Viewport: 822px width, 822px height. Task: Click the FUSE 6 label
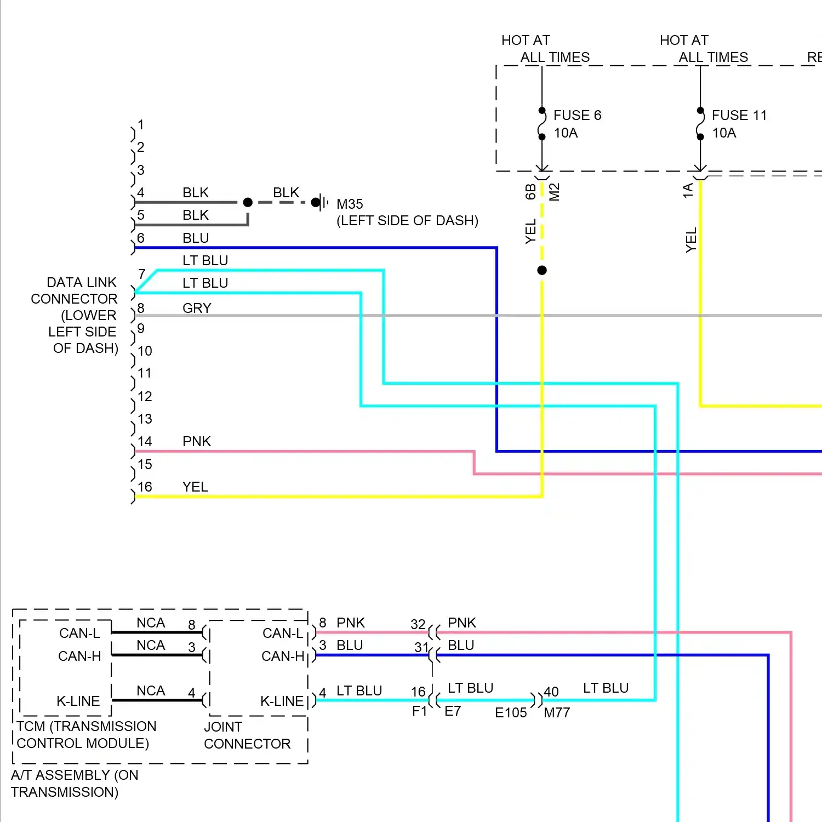(x=577, y=116)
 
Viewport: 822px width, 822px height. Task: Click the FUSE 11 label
(x=739, y=116)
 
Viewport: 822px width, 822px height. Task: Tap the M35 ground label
(x=350, y=204)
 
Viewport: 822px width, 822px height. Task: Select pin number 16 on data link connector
(x=145, y=487)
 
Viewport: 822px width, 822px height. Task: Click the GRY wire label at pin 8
(x=197, y=309)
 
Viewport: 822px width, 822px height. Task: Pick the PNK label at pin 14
(x=197, y=442)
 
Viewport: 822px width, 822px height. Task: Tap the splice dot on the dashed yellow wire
(x=542, y=270)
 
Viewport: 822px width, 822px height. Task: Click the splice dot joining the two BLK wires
(x=248, y=202)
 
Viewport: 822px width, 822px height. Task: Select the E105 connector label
(x=511, y=713)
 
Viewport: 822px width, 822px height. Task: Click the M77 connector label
(x=557, y=713)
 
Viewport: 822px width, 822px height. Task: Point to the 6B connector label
(x=530, y=192)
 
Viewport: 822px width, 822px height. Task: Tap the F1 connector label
(x=419, y=711)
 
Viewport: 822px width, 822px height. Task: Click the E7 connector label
(x=453, y=711)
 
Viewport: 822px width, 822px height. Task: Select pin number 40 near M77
(x=551, y=692)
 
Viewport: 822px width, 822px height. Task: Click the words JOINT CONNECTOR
(x=247, y=735)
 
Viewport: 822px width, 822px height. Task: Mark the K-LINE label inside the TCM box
(x=78, y=701)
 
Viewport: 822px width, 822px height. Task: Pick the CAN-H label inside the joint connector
(x=283, y=657)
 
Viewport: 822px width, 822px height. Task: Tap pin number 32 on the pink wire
(x=418, y=625)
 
